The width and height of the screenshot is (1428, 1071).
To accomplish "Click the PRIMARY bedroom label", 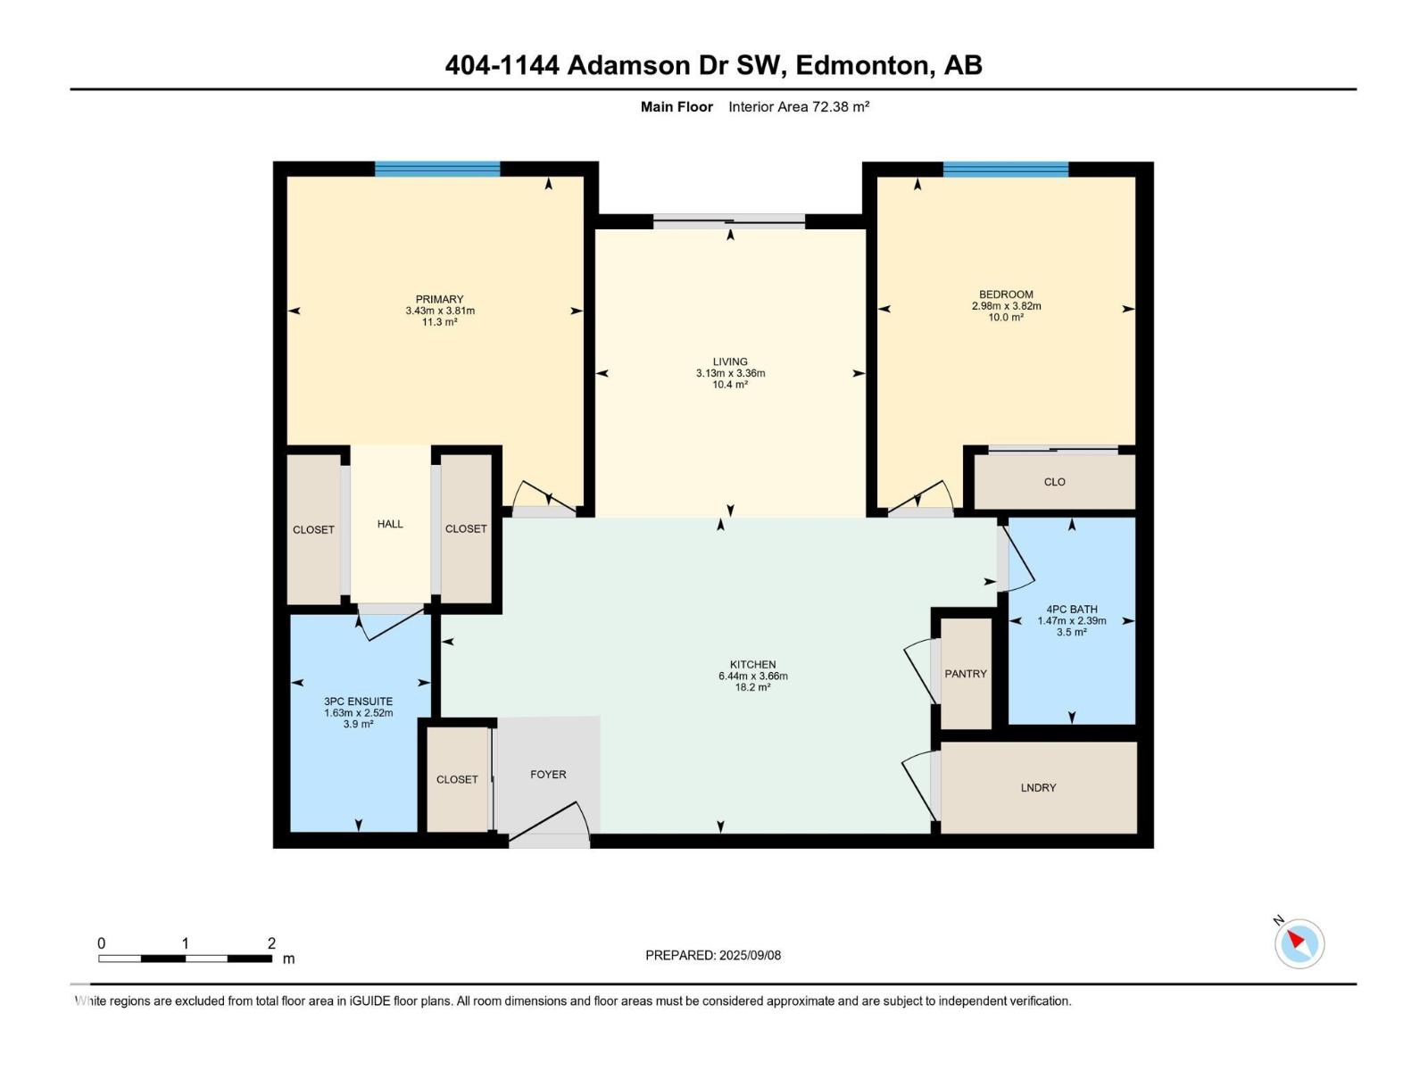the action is click(439, 299).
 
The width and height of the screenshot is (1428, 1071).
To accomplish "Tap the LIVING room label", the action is click(730, 361).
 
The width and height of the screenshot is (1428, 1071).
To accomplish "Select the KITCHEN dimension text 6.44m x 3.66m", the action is click(752, 676).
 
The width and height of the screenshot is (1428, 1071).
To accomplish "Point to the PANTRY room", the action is click(966, 674).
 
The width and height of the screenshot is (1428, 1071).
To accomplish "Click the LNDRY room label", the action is click(1038, 787).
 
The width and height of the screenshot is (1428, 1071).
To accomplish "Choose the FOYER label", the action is click(548, 775).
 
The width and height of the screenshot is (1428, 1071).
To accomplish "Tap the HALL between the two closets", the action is click(390, 524).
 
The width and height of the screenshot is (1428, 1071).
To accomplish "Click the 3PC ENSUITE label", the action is click(359, 701).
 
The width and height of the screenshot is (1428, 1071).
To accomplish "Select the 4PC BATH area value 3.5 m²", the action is click(1072, 632).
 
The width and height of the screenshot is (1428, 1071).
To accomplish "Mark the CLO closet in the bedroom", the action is click(1055, 482).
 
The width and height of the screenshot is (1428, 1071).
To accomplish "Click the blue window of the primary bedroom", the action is click(437, 169).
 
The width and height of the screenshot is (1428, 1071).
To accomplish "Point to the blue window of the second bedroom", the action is click(1006, 169).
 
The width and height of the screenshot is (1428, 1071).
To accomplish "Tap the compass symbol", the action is click(1299, 942).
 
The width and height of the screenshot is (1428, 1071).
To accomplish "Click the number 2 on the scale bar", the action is click(271, 942).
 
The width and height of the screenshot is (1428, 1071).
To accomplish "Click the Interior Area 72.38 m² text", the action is click(799, 106).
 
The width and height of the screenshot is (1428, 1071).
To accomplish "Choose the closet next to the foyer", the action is click(457, 779).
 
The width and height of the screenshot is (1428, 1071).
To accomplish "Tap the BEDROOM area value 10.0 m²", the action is click(1006, 318).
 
